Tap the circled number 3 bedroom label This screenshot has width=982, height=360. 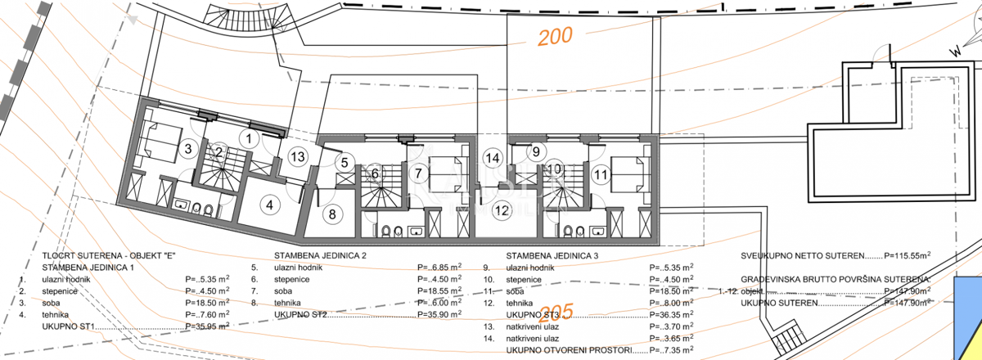(x=187, y=149)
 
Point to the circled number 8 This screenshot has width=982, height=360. (x=331, y=215)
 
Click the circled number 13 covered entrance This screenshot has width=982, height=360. (x=297, y=156)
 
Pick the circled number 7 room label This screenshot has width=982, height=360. (x=417, y=173)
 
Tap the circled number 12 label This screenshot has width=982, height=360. (x=501, y=210)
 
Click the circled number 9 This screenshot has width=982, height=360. (x=537, y=151)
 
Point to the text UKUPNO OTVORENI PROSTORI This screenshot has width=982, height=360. (x=569, y=350)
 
